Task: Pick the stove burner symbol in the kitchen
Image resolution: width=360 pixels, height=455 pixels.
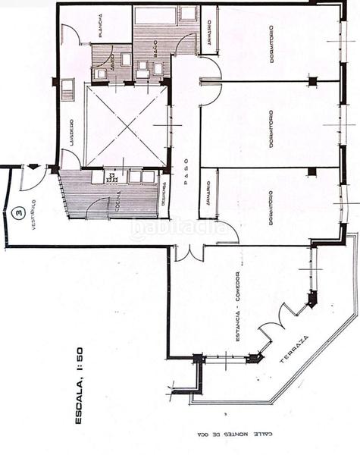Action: click(111, 177)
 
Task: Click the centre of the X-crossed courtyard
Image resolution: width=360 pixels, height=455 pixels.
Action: click(126, 127)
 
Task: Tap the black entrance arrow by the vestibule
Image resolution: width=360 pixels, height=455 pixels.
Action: click(33, 168)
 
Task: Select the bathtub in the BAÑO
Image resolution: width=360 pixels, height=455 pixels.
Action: click(155, 14)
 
